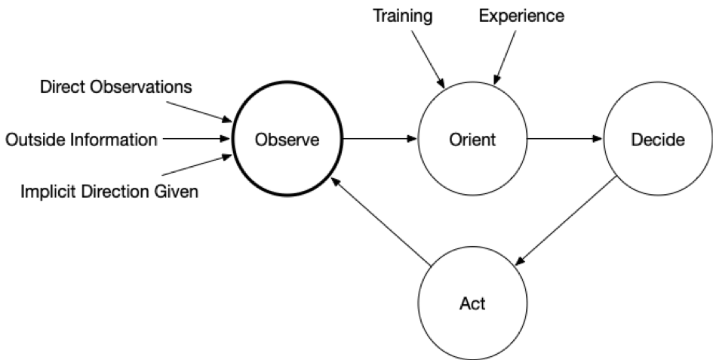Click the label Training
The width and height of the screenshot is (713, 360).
tap(403, 16)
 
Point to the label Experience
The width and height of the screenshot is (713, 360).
tap(521, 16)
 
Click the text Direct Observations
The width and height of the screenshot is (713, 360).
tap(116, 87)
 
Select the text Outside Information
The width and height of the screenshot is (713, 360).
tap(81, 140)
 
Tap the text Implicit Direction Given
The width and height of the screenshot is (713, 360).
tap(109, 192)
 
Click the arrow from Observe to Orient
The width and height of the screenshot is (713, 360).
tap(380, 139)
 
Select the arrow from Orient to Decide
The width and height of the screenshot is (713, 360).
tap(565, 139)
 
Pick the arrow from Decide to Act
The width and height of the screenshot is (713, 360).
tap(566, 220)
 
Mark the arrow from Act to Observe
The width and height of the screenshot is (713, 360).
tap(380, 221)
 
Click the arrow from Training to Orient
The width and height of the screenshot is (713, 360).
tap(428, 59)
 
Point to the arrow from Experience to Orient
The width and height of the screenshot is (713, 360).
tap(505, 57)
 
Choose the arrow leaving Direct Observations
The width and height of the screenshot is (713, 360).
tap(199, 112)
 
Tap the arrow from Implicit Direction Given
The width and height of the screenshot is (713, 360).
tap(198, 165)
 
